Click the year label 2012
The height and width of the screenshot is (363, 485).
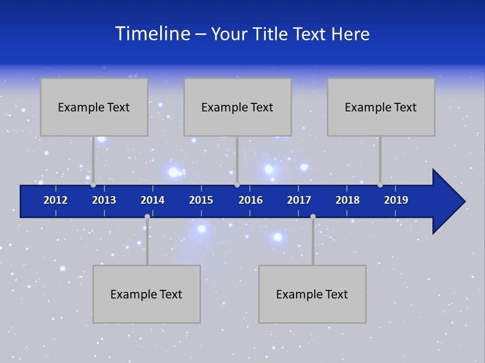(56, 200)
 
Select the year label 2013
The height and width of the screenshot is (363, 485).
(104, 200)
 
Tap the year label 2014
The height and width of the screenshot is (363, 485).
(153, 200)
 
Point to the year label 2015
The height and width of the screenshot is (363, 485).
(201, 200)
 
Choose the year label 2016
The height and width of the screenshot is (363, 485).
(251, 200)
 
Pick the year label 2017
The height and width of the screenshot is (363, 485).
(299, 200)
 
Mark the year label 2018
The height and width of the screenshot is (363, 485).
(348, 200)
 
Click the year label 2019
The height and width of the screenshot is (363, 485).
(396, 200)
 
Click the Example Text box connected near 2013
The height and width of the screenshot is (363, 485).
(94, 107)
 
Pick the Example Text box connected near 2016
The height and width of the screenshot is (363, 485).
(237, 107)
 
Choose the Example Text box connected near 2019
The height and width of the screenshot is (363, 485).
(381, 107)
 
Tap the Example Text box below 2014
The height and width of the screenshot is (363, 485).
(147, 294)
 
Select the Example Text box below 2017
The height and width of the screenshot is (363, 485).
(312, 294)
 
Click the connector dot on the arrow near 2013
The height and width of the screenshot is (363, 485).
(93, 185)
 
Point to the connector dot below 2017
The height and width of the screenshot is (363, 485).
(313, 216)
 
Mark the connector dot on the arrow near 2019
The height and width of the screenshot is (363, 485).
(380, 185)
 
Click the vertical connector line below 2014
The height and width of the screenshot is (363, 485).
(147, 242)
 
